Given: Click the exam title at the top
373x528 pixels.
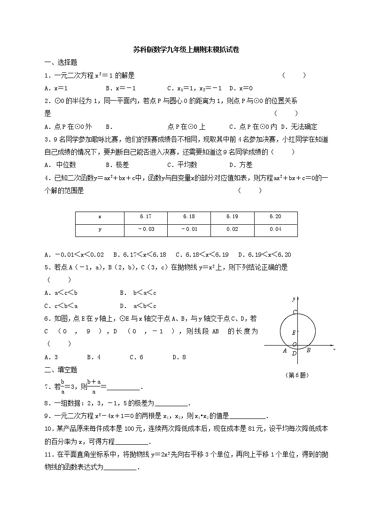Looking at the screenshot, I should [186, 50].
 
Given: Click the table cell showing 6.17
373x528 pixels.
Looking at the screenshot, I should [146, 217].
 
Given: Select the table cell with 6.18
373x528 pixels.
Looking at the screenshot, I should [189, 217].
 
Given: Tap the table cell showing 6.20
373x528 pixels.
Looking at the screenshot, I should [276, 217].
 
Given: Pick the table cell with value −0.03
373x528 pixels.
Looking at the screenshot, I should [146, 229].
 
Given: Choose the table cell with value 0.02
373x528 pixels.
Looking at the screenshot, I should [232, 229].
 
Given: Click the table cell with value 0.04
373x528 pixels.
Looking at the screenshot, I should [276, 229].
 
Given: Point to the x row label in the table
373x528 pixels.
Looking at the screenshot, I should [100, 217].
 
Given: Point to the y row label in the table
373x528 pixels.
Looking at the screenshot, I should [100, 229].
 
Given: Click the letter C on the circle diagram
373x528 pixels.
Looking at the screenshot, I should [295, 312].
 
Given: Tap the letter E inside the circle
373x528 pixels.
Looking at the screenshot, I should [294, 332].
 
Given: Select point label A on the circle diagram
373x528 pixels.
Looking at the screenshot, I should [285, 350].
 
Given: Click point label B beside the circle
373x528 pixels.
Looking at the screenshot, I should [308, 350].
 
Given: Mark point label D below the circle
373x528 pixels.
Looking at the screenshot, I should [294, 354].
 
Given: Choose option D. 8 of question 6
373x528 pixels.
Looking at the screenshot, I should [179, 357].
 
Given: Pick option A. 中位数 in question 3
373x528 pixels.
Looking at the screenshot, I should [61, 165].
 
